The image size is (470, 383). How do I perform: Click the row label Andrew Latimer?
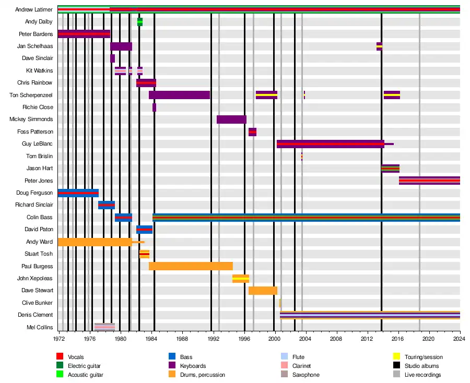point(33,9)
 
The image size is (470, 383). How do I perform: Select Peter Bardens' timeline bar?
point(84,34)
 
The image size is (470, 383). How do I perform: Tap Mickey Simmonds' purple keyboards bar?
point(231,119)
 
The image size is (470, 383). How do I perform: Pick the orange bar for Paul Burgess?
point(191,266)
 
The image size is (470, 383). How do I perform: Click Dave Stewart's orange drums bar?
point(263,291)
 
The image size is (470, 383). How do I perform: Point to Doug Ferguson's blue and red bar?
point(78,193)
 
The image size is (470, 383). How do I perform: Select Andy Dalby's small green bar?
point(140,21)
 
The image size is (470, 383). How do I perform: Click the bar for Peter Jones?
point(429,181)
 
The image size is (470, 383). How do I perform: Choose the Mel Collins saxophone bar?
point(104,327)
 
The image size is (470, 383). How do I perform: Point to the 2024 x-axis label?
point(460,338)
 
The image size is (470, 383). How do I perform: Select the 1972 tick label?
point(59,338)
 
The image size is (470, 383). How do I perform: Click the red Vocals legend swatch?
point(60,357)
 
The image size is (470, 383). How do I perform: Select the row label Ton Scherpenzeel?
point(31,95)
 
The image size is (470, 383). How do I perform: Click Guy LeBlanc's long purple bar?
point(330,144)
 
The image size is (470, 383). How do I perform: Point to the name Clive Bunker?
point(37,303)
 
